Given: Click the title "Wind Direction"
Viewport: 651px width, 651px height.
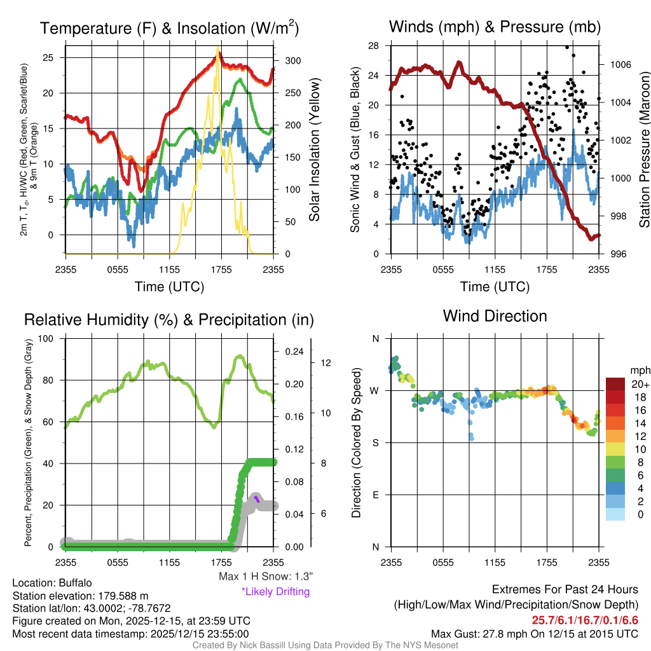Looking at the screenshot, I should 495,316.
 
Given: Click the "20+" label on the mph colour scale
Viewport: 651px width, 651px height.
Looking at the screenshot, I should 640,385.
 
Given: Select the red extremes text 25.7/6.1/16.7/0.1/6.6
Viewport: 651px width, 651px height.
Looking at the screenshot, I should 584,619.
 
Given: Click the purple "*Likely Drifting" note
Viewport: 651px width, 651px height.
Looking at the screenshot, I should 275,591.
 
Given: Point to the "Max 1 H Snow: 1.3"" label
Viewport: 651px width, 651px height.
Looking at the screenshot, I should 266,576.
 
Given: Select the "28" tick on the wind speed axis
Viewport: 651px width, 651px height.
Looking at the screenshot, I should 374,46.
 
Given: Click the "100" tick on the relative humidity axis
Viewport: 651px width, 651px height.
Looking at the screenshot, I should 47,339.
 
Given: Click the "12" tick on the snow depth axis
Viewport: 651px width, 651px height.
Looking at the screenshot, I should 327,363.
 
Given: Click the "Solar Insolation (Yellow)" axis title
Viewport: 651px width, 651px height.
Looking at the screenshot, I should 314,151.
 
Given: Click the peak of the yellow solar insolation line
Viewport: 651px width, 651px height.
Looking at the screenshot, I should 218,49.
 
